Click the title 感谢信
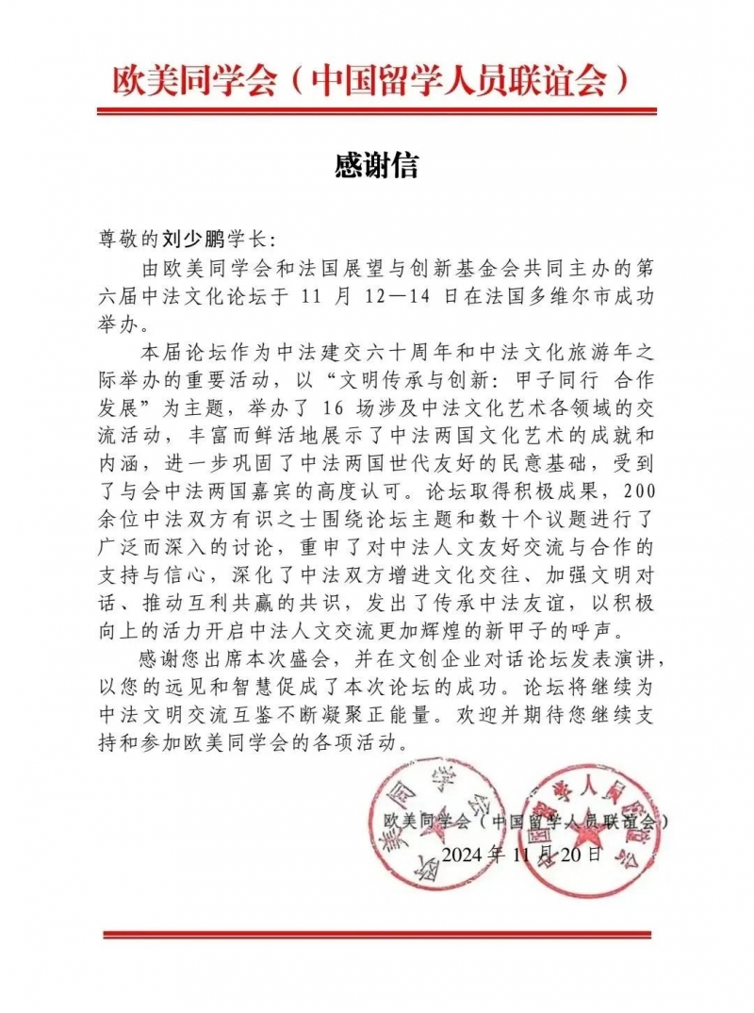pyautogui.click(x=376, y=166)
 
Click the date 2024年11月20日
pyautogui.click(x=520, y=855)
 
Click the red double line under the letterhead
pyautogui.click(x=376, y=112)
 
